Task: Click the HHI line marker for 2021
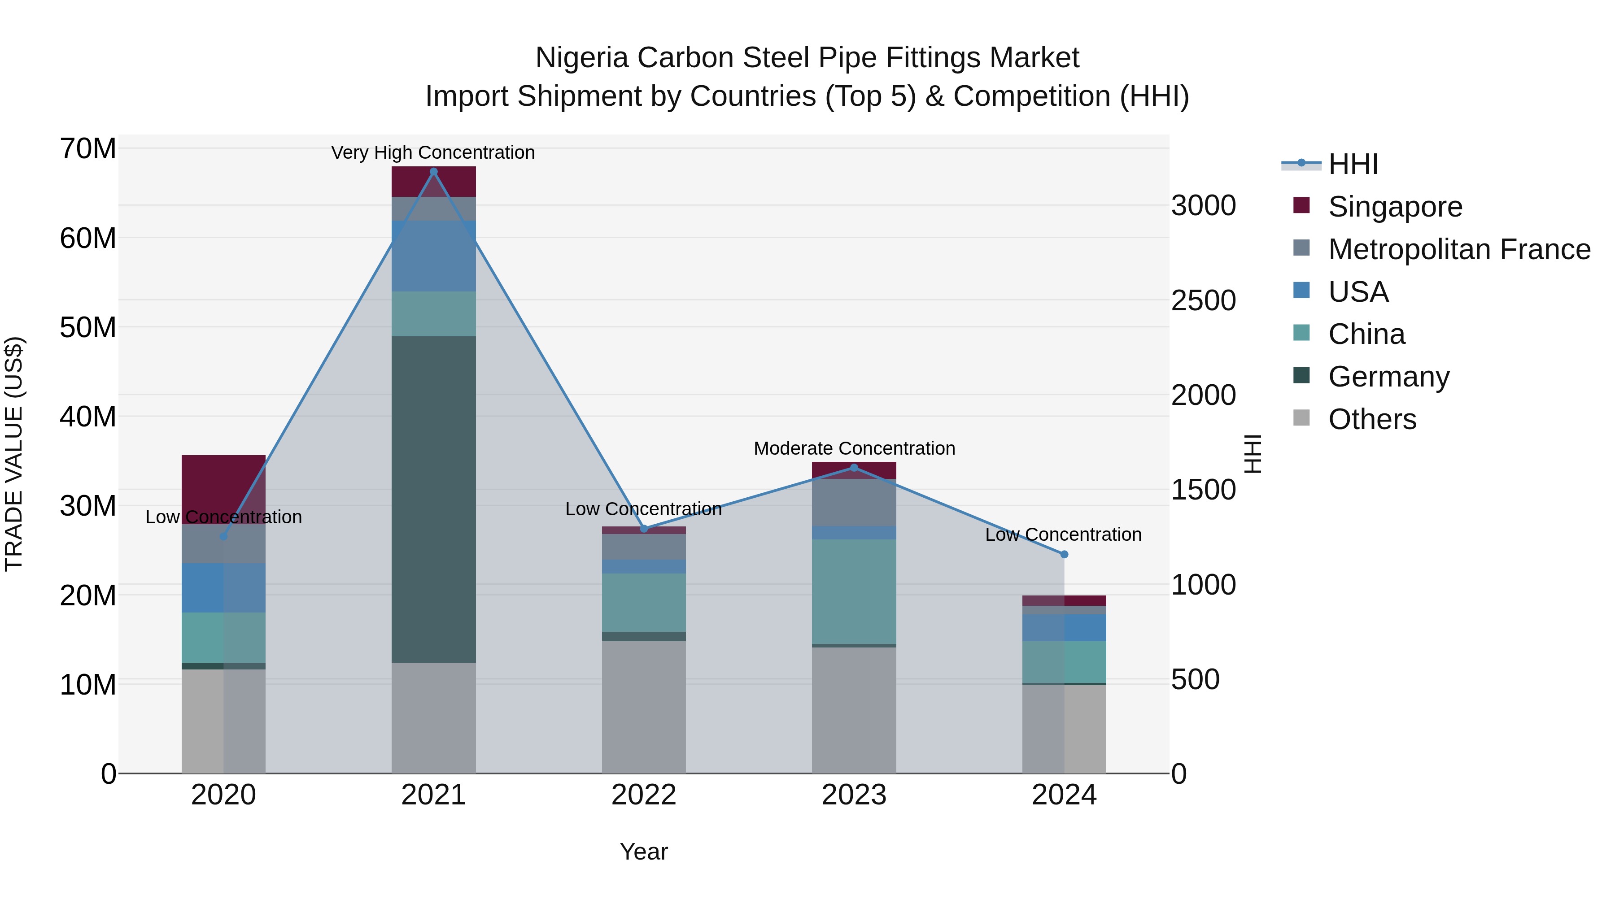pyautogui.click(x=433, y=172)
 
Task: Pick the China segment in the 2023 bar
pyautogui.click(x=854, y=591)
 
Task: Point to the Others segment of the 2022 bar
pyautogui.click(x=644, y=706)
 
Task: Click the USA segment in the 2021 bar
pyautogui.click(x=433, y=256)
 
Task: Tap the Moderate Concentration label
pyautogui.click(x=854, y=449)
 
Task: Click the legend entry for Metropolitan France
pyautogui.click(x=1459, y=249)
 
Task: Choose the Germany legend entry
pyautogui.click(x=1388, y=377)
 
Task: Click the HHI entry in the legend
pyautogui.click(x=1352, y=164)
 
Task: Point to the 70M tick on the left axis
pyautogui.click(x=88, y=149)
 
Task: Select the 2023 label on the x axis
pyautogui.click(x=854, y=795)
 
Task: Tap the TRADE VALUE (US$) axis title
pyautogui.click(x=14, y=454)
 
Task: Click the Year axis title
pyautogui.click(x=644, y=852)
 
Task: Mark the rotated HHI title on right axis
pyautogui.click(x=1252, y=454)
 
